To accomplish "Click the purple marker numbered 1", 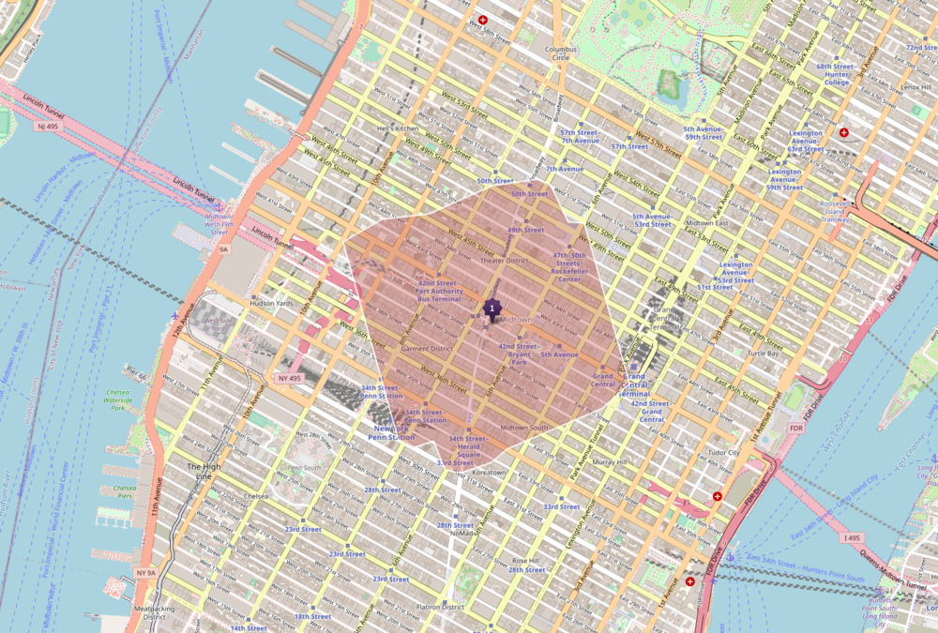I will (x=492, y=308).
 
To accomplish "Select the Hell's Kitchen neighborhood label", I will (x=397, y=128).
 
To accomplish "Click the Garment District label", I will (x=427, y=349).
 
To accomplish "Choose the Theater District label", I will (x=505, y=261).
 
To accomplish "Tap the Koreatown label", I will (x=489, y=473).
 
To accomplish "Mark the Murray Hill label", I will (x=610, y=462).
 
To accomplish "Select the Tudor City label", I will (x=723, y=453).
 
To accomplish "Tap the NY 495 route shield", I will (x=291, y=378).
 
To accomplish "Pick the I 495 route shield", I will (x=851, y=537).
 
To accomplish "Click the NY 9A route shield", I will (x=144, y=572).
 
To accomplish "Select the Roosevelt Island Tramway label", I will (x=833, y=213).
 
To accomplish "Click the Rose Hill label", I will (x=525, y=561).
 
